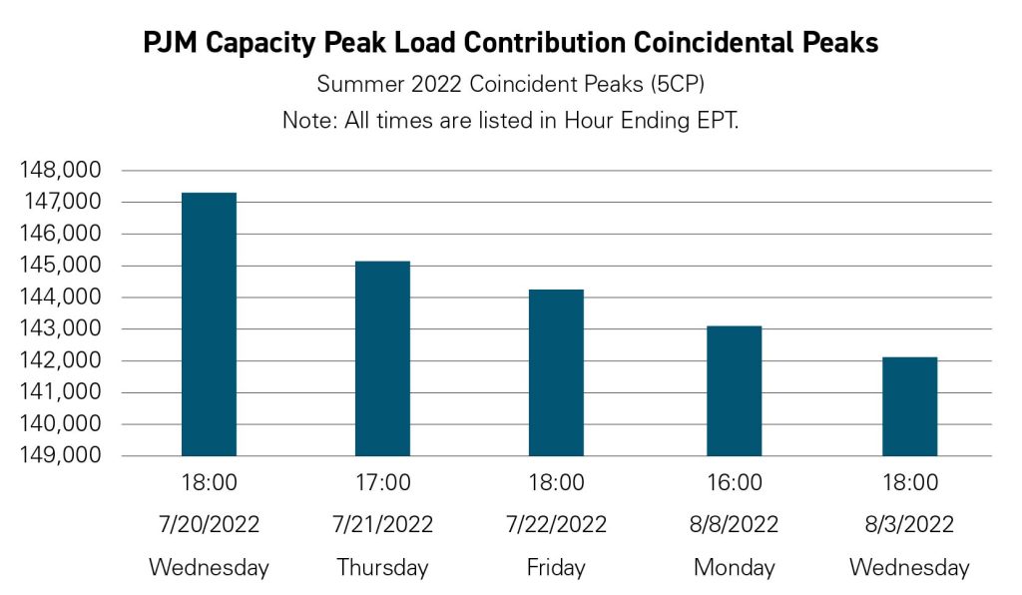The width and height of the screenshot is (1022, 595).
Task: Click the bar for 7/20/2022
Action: pos(209,324)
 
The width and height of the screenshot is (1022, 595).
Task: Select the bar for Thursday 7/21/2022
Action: pos(382,358)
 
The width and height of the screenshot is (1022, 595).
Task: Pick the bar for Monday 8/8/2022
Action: pos(734,390)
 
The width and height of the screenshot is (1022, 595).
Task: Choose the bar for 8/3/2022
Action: pos(909,406)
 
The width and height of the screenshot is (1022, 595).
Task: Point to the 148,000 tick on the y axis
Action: pos(59,171)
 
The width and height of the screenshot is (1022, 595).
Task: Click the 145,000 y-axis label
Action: pos(59,266)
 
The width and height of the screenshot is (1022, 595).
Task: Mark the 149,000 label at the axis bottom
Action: pos(59,455)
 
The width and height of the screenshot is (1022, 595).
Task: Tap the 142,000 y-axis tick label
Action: pos(59,360)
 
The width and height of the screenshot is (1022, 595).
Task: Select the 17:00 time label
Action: pos(382,483)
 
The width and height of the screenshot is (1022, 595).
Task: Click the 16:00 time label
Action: pos(734,483)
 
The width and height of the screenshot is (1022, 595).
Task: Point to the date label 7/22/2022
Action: pos(556,524)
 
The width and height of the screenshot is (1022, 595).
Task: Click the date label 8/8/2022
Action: pos(734,524)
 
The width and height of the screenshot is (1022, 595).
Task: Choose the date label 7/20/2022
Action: pos(209,524)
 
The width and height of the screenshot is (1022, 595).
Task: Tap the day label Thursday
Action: pos(382,567)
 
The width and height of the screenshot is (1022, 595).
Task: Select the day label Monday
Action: pos(734,567)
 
